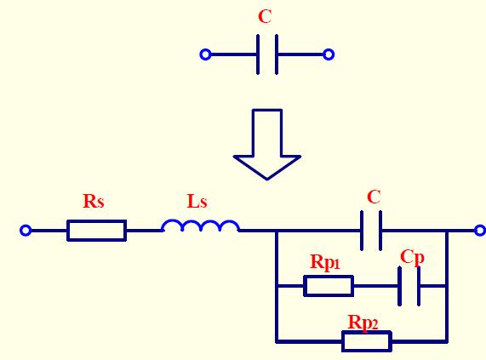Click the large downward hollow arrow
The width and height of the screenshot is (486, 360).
click(266, 143)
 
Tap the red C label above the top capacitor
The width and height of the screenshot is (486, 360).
click(266, 17)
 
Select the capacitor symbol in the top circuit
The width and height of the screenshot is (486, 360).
click(266, 54)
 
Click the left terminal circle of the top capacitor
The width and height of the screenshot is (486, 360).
click(205, 54)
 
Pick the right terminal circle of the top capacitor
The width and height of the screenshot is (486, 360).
click(329, 54)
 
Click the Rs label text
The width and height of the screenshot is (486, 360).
click(94, 202)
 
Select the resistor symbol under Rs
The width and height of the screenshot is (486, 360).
click(96, 230)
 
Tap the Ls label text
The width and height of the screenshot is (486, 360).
click(197, 202)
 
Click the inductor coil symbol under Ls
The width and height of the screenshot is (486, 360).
click(200, 226)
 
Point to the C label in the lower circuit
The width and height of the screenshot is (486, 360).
click(373, 197)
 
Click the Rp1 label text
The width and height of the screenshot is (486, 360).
click(325, 263)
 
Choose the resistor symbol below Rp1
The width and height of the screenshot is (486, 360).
click(329, 286)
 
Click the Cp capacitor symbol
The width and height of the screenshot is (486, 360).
click(409, 286)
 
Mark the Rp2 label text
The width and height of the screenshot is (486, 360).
click(363, 322)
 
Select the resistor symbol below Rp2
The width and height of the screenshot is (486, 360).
click(366, 341)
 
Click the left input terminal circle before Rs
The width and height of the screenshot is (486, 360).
click(26, 230)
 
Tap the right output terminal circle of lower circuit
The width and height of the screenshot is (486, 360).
click(480, 230)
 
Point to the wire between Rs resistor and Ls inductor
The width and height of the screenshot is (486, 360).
click(144, 230)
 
